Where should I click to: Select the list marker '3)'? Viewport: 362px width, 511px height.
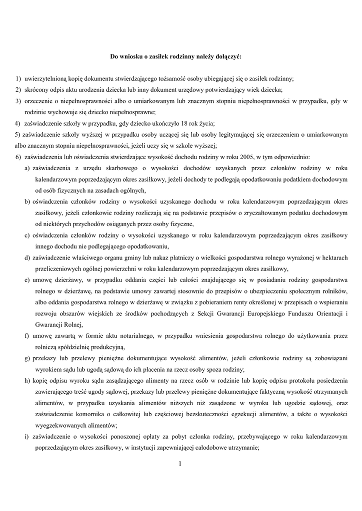(18, 101)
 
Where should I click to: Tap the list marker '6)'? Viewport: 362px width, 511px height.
(18, 156)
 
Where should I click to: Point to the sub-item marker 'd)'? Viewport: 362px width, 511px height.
(27, 257)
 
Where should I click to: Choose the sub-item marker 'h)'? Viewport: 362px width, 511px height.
(27, 380)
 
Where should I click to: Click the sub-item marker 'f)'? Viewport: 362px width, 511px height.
(27, 336)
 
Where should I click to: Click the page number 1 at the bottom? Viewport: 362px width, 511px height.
(180, 464)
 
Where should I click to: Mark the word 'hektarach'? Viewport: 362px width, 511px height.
(332, 257)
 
